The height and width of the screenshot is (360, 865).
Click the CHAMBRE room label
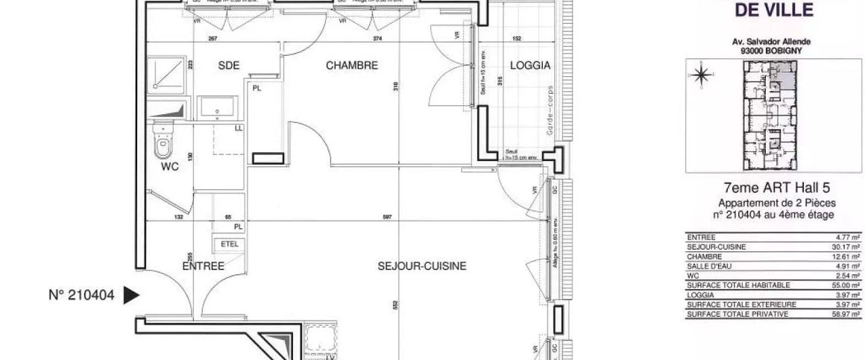(x=352, y=66)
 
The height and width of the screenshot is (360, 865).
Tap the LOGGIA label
(x=530, y=66)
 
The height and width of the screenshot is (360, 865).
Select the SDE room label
(x=229, y=66)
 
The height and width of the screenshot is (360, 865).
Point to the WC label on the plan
(x=171, y=167)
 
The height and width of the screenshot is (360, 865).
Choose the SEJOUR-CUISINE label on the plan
(x=423, y=265)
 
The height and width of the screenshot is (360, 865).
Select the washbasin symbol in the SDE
(x=217, y=107)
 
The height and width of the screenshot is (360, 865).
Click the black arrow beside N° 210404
(x=130, y=295)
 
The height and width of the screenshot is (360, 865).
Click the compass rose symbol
(x=702, y=75)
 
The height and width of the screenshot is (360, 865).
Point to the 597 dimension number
(x=387, y=218)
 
